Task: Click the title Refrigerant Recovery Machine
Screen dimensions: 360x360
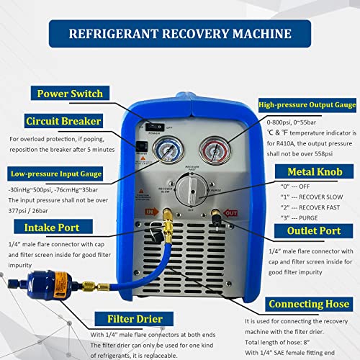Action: point(180,33)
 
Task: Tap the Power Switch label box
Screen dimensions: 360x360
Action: point(69,93)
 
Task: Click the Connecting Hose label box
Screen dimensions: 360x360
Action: point(302,305)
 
